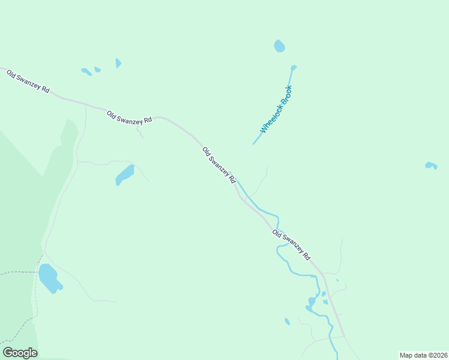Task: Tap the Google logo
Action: (x=20, y=353)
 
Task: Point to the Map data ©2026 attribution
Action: (x=423, y=355)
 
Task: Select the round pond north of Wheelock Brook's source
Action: (x=279, y=46)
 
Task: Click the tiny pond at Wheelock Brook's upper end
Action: (x=294, y=67)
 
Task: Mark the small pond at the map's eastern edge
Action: (x=430, y=165)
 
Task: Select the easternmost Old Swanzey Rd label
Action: (x=291, y=244)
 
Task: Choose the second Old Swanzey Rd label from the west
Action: (x=129, y=116)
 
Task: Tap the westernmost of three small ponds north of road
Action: (x=86, y=72)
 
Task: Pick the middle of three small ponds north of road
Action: (x=97, y=70)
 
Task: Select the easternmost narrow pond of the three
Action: (x=118, y=63)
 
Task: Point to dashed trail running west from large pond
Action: (x=18, y=272)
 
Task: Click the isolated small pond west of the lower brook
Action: (x=287, y=322)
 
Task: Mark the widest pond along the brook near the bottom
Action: (x=312, y=302)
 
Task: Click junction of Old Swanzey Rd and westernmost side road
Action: (x=86, y=106)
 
